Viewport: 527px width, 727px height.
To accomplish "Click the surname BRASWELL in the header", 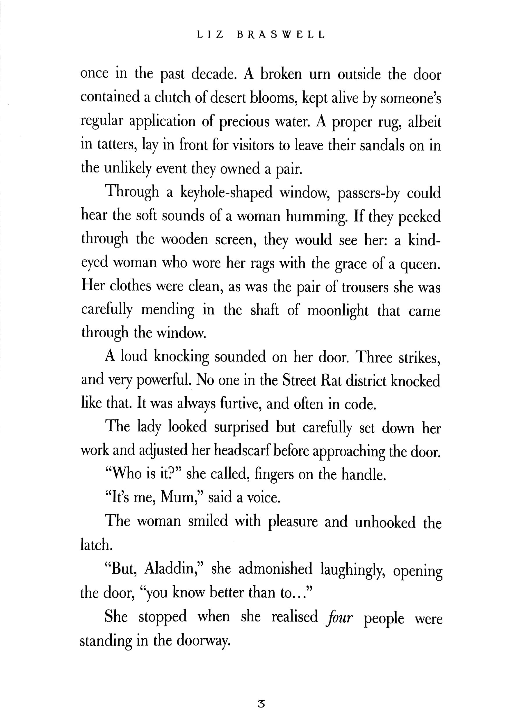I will tap(281, 35).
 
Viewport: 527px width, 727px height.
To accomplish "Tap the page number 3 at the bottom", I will tap(261, 704).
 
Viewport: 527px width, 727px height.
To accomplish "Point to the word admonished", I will tap(275, 569).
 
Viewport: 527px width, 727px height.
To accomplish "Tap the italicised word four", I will tap(339, 617).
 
